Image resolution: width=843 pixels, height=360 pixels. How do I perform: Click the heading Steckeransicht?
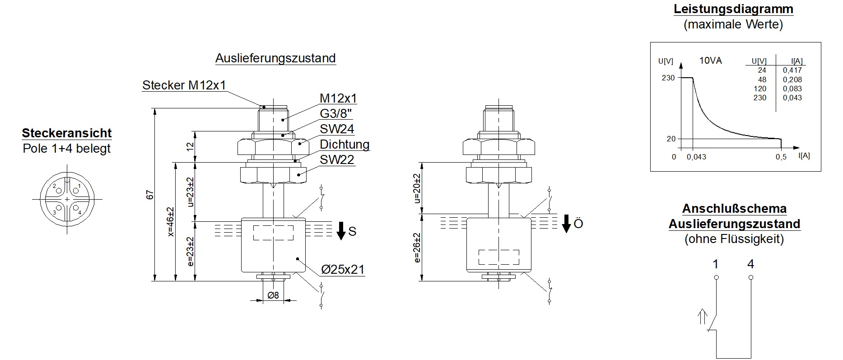click(x=67, y=133)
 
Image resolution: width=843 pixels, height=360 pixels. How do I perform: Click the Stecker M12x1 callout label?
click(x=184, y=85)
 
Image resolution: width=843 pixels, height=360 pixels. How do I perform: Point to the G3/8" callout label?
click(x=336, y=113)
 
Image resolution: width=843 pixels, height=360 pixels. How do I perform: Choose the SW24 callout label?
click(x=337, y=129)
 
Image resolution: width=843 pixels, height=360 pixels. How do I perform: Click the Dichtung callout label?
click(x=345, y=145)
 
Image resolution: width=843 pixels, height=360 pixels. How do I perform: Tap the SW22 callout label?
click(x=337, y=160)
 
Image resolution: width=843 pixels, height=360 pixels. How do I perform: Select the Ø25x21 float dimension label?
click(x=343, y=270)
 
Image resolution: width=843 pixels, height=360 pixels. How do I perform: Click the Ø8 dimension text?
click(x=273, y=295)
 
